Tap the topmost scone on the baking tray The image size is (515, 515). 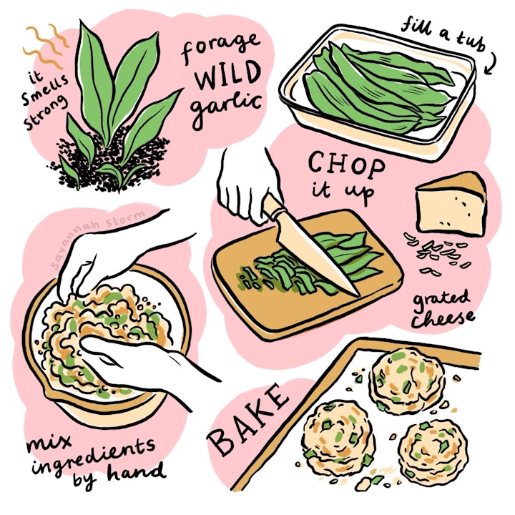(x=406, y=380)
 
